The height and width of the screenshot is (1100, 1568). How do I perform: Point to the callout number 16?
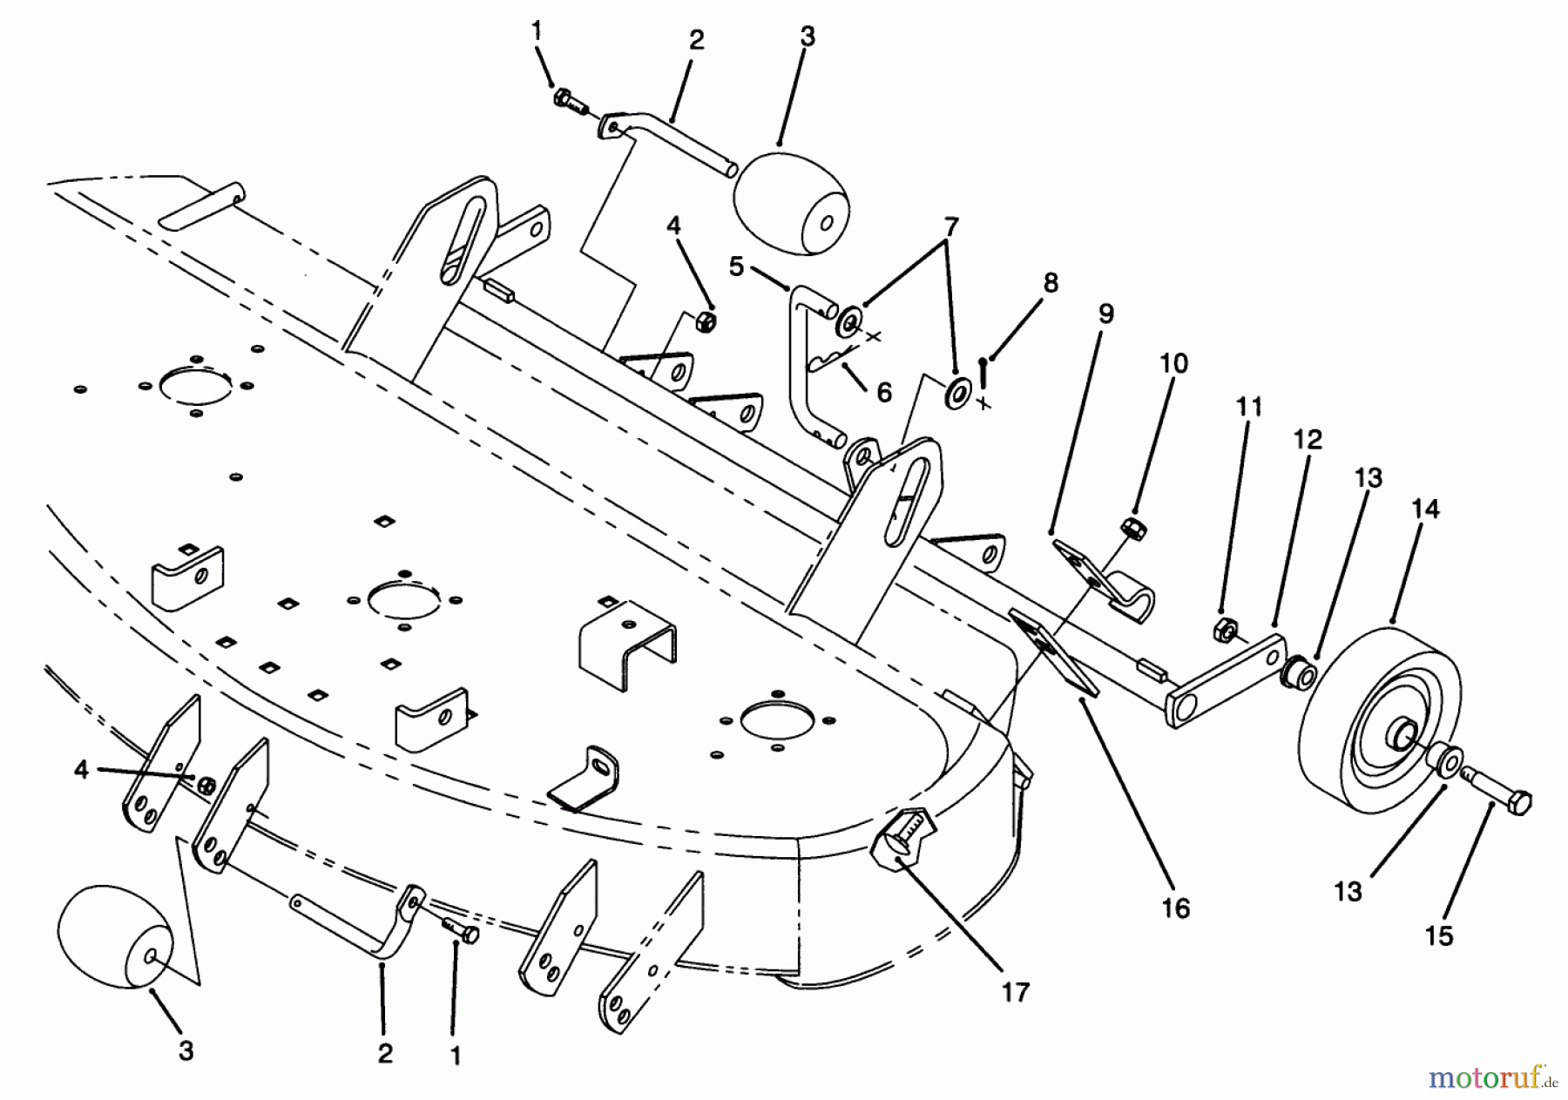click(x=1175, y=908)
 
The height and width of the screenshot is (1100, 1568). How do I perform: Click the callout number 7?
click(x=950, y=228)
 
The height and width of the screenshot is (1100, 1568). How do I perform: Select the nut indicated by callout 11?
click(x=1223, y=628)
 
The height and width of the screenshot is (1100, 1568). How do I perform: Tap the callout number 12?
click(x=1307, y=439)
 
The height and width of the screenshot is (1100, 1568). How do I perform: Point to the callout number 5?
click(x=737, y=267)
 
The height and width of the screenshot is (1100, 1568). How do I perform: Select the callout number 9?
click(x=1105, y=314)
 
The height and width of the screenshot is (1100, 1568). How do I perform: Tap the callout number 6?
click(x=883, y=392)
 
